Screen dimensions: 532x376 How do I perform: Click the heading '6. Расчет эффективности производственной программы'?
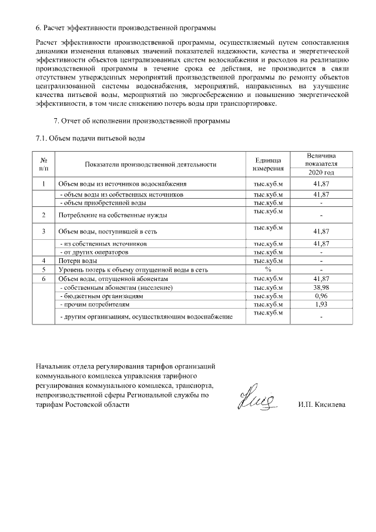point(125,28)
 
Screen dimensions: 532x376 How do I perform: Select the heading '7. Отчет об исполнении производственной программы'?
point(141,121)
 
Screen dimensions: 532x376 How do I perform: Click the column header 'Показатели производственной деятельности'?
point(150,164)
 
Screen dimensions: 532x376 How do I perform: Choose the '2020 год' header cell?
point(321,172)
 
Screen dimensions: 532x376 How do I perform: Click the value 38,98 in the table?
point(321,287)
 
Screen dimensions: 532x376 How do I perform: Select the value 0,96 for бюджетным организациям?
point(321,296)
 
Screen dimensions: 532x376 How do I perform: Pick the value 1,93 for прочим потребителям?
point(321,305)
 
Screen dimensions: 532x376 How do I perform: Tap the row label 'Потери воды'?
point(77,260)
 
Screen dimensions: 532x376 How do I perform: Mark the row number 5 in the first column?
point(43,269)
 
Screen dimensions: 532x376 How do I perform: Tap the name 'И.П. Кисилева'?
point(322,404)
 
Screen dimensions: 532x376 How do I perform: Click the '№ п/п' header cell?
point(43,164)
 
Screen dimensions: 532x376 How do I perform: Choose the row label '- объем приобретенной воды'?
point(103,202)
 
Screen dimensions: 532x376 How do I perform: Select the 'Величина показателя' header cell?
point(321,159)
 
